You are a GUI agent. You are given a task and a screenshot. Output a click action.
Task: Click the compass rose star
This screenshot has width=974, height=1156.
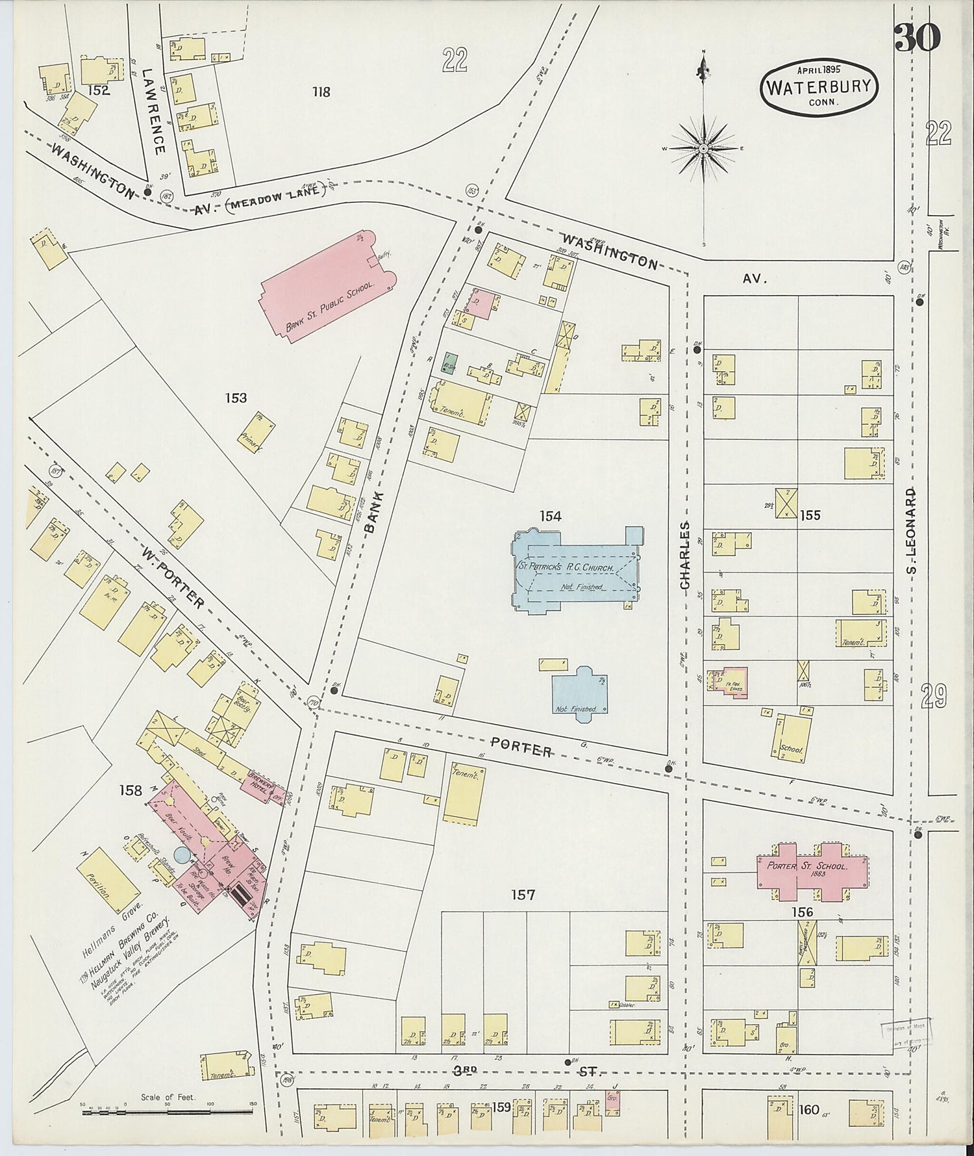(x=703, y=149)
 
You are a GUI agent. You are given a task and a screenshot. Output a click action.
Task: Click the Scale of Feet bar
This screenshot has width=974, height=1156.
(x=169, y=1111)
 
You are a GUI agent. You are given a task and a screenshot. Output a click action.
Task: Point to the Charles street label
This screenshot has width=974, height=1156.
(x=685, y=556)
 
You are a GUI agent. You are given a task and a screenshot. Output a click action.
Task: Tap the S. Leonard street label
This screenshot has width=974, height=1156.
(x=911, y=531)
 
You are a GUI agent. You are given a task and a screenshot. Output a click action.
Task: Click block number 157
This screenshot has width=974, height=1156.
(x=523, y=895)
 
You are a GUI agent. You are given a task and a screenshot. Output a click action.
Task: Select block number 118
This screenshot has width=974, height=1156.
(x=321, y=92)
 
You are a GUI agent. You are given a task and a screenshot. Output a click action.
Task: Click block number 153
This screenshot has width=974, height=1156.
(x=236, y=398)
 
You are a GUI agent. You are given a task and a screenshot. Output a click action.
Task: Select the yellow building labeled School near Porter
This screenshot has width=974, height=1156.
(x=790, y=735)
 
